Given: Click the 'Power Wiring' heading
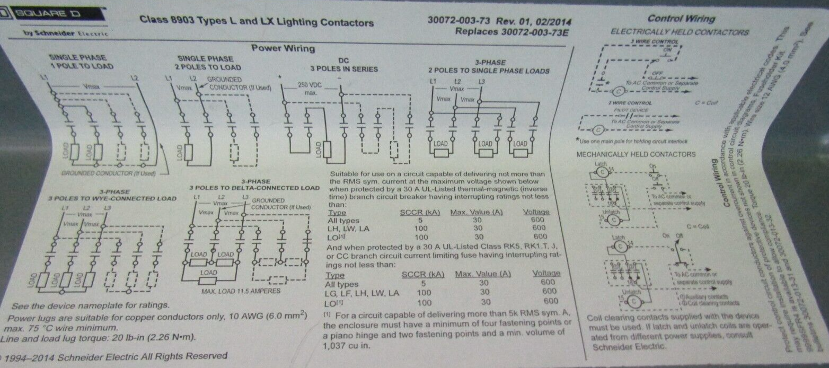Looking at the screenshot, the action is coord(283,48).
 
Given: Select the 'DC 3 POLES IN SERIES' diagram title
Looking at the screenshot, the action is coord(344,65).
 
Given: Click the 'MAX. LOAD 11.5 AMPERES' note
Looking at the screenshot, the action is coord(241,291).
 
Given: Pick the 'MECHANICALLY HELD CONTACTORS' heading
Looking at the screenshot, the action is coord(636,154).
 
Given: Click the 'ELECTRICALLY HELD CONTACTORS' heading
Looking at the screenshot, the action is coord(680,32).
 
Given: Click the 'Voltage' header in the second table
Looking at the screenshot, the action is coord(546,274).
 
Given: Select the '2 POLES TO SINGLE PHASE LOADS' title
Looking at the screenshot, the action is coord(489,71).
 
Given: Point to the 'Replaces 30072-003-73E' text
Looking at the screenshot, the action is coord(511,31).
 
